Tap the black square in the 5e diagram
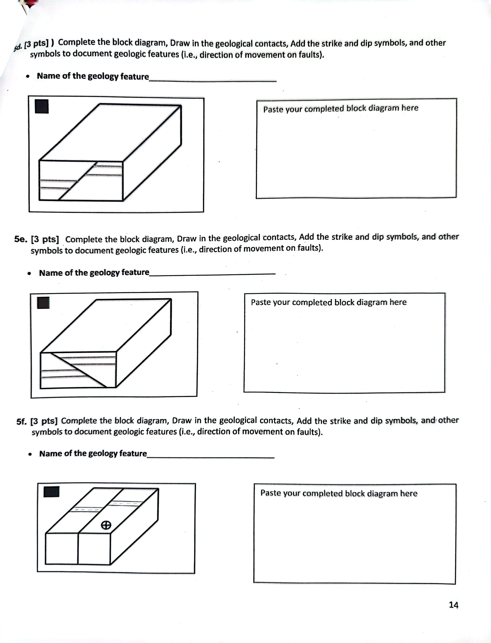(x=43, y=303)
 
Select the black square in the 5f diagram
(x=51, y=491)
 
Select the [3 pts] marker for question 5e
(x=45, y=239)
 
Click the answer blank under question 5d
(x=213, y=80)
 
